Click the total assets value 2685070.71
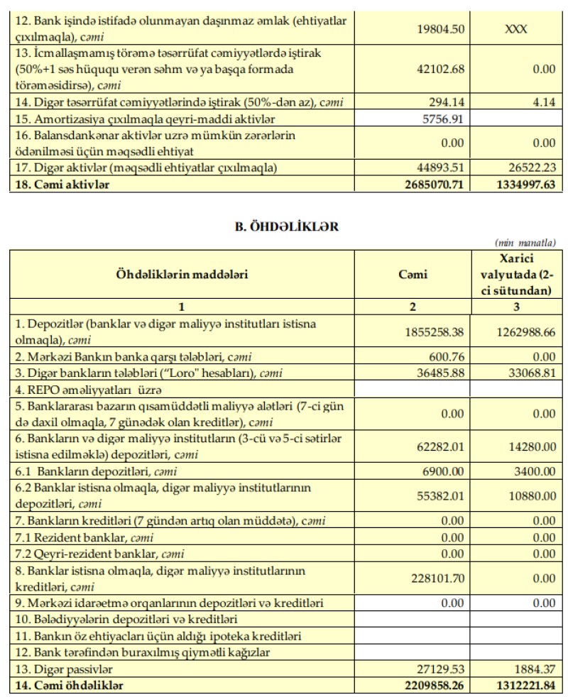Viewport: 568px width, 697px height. pyautogui.click(x=430, y=185)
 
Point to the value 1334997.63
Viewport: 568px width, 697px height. pyautogui.click(x=518, y=185)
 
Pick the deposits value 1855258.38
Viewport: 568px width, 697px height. pyautogui.click(x=433, y=331)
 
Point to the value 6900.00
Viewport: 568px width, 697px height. pyautogui.click(x=443, y=470)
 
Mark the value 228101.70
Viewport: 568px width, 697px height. pyautogui.click(x=436, y=578)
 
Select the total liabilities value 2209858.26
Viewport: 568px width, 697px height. pyautogui.click(x=430, y=685)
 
